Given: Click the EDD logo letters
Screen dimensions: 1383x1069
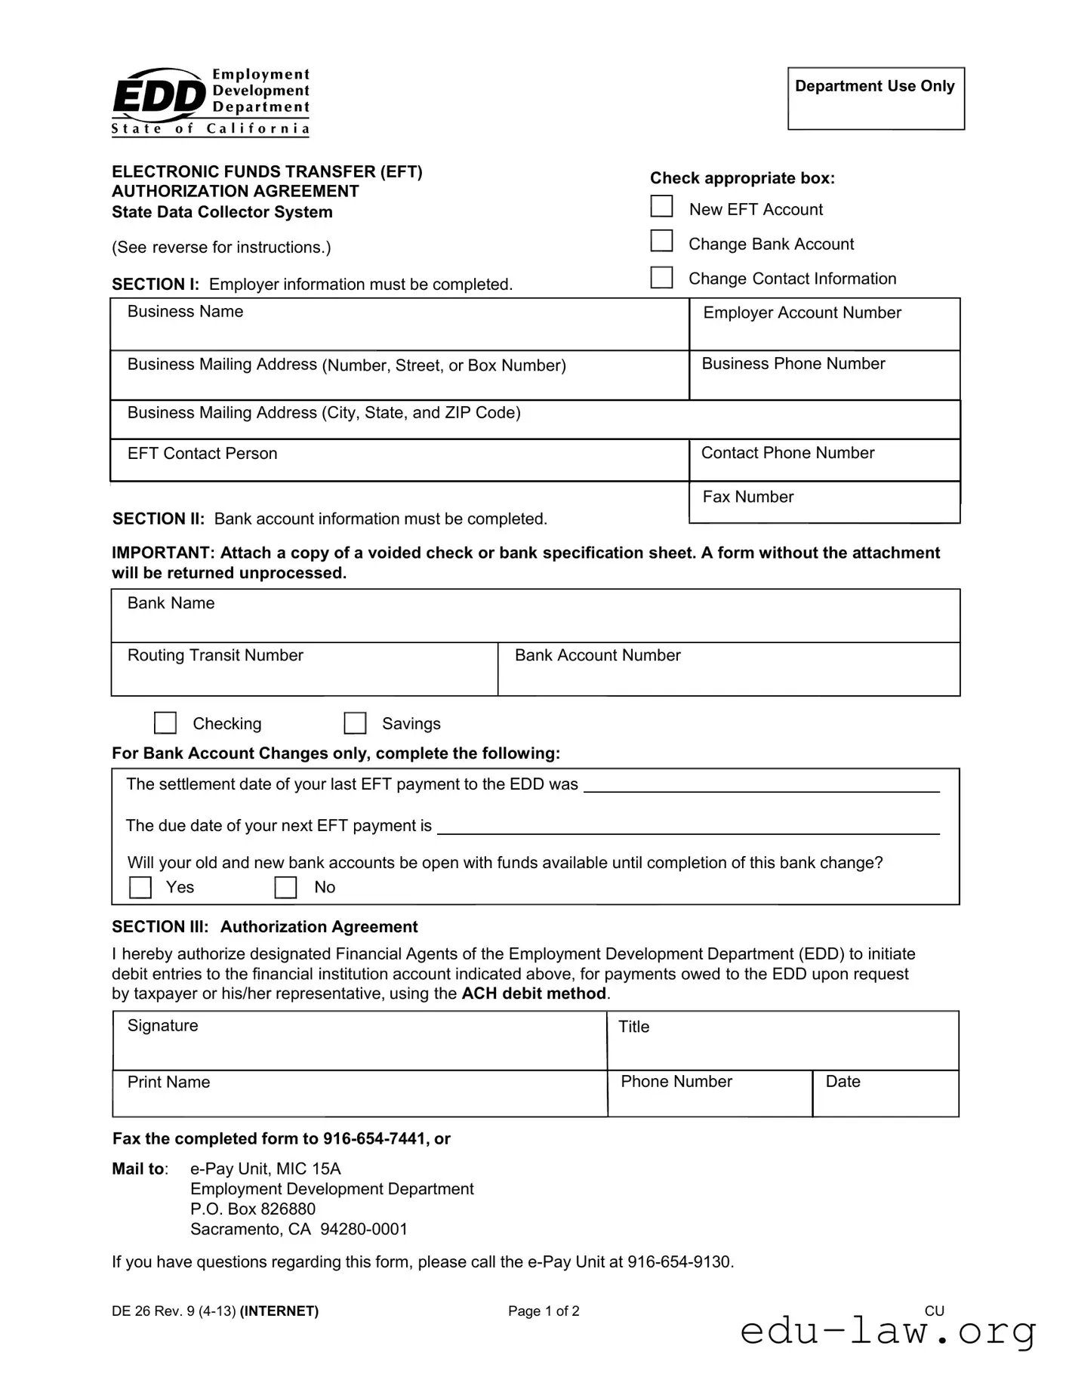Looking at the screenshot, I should pos(159,97).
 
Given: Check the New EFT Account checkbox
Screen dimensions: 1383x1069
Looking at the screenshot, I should pos(661,206).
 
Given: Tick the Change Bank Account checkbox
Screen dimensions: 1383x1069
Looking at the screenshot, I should pos(661,241).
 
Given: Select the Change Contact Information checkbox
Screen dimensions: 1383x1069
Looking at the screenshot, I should pos(661,277).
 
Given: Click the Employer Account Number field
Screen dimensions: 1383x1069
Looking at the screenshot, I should pos(824,334).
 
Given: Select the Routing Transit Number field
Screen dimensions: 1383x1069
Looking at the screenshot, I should pos(304,677).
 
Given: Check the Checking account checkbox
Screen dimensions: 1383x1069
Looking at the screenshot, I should pos(165,723).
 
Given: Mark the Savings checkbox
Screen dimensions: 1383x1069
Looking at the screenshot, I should pos(355,723).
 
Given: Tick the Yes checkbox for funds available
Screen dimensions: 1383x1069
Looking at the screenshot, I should pos(140,887).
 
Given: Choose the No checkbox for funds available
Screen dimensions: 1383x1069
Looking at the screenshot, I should pos(285,887).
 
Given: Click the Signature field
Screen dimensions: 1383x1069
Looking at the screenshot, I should pos(360,1048).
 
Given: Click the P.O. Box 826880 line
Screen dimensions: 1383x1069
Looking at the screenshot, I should pos(253,1209).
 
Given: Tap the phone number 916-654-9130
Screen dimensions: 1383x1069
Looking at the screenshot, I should pos(679,1261).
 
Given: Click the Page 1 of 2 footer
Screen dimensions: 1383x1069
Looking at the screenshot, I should pos(544,1311).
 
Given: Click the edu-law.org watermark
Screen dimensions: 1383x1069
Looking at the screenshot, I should pos(888,1332).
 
